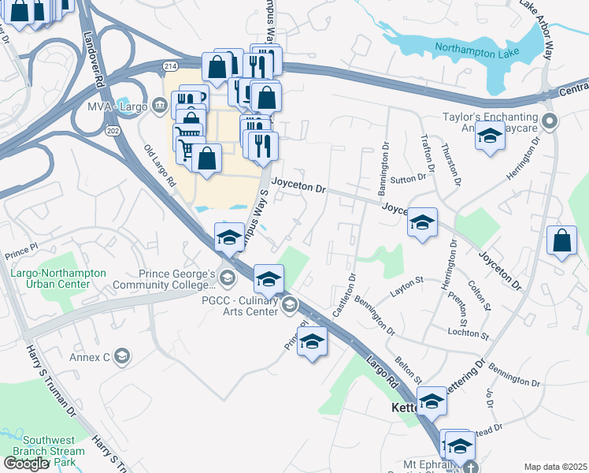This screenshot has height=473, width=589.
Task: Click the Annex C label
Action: [x=94, y=356]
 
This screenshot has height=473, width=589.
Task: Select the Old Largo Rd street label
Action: [x=160, y=165]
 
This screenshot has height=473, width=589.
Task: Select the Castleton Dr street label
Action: [x=345, y=295]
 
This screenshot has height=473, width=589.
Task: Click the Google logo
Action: [x=26, y=464]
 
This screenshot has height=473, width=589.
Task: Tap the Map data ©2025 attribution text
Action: [x=555, y=467]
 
